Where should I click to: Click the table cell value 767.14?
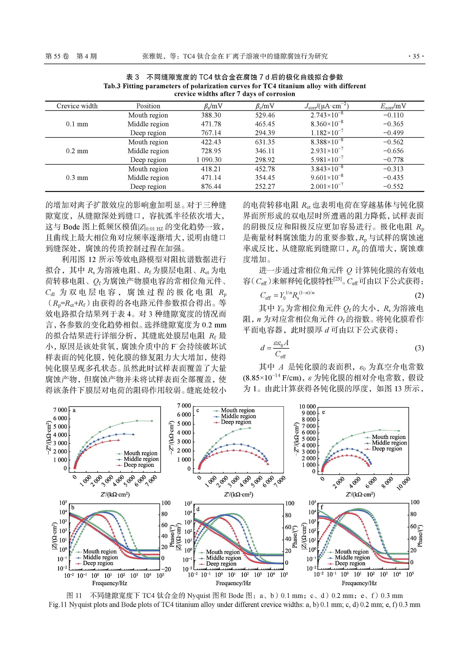coord(211,133)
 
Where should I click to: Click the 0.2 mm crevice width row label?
coord(77,151)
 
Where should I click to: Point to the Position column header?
coord(148,106)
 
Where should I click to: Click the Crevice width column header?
coord(77,106)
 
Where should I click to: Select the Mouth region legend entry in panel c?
coord(238,410)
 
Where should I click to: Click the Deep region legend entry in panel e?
coord(387,449)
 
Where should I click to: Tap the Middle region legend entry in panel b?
coord(100,557)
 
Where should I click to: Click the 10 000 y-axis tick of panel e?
coord(307,407)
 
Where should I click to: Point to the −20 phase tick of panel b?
coord(166,569)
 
